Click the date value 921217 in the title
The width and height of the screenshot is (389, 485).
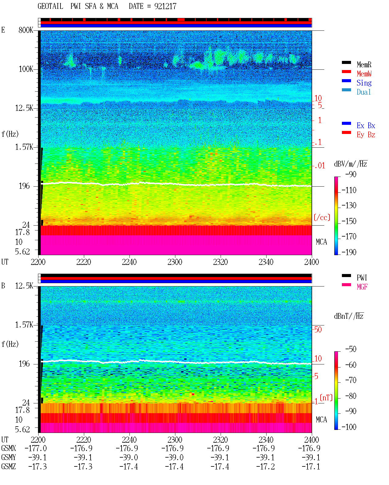click(x=165, y=6)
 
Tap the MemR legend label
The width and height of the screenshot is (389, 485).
click(x=364, y=65)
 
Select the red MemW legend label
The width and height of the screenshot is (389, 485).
click(x=364, y=74)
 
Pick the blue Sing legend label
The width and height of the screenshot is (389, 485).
click(x=364, y=83)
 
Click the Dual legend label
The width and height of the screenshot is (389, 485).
click(x=363, y=92)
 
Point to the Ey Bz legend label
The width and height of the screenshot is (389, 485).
click(x=366, y=135)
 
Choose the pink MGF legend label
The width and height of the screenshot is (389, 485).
click(x=362, y=287)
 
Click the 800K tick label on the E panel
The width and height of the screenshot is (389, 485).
click(x=26, y=30)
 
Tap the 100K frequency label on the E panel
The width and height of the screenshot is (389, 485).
click(x=26, y=69)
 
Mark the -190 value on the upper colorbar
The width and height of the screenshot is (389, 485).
click(x=349, y=252)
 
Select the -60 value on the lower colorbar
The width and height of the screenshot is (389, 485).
click(x=351, y=365)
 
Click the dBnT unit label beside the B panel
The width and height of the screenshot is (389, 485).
click(x=349, y=316)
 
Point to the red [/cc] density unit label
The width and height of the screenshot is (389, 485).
click(x=322, y=217)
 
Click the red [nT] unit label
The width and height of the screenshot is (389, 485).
click(x=326, y=398)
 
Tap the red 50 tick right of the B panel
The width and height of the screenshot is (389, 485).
click(x=318, y=330)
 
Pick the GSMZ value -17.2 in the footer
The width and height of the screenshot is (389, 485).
click(x=266, y=466)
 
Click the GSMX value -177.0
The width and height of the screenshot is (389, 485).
click(x=36, y=448)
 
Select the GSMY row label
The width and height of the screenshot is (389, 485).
click(x=9, y=458)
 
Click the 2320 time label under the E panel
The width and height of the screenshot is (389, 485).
click(x=220, y=262)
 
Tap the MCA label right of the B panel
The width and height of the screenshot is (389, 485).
click(x=321, y=420)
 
